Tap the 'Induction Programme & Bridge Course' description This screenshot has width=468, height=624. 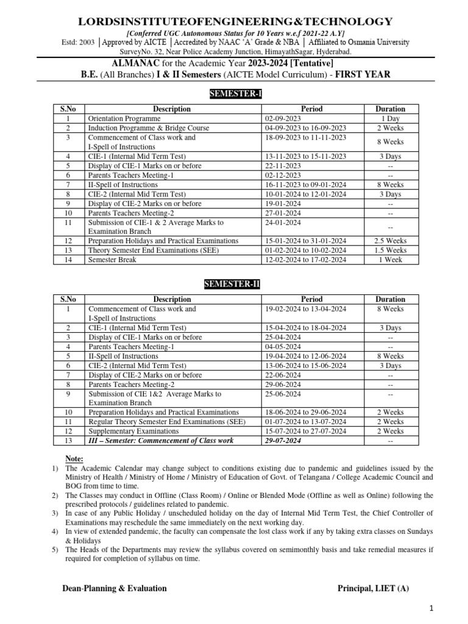(x=149, y=128)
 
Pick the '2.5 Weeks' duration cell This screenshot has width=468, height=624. (x=390, y=241)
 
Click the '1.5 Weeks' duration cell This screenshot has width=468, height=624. (x=390, y=250)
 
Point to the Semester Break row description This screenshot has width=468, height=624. (x=113, y=260)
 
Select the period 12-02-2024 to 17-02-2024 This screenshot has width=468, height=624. (x=305, y=260)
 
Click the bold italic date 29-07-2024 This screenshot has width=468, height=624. (x=283, y=441)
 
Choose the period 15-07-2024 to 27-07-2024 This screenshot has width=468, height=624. (x=305, y=431)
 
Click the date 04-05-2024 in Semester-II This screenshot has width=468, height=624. (x=283, y=347)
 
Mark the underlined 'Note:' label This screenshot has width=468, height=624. (x=74, y=458)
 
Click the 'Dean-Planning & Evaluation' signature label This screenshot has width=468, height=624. (x=115, y=588)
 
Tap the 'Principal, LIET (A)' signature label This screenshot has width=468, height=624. (x=375, y=588)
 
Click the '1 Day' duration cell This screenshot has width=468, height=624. (x=390, y=118)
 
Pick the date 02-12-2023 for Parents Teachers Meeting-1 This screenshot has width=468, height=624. (x=283, y=175)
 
